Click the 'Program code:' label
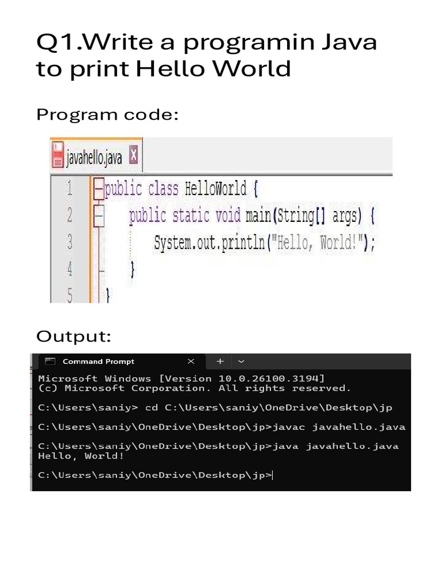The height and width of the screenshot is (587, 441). (107, 115)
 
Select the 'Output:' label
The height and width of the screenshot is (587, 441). (73, 336)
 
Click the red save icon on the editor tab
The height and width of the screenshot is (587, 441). (58, 156)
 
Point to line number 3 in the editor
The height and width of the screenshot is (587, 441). (69, 242)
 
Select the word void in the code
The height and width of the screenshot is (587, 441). (228, 216)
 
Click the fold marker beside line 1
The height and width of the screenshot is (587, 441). (98, 189)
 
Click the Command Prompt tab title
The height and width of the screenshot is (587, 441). (98, 362)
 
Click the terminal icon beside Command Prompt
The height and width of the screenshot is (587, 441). (51, 362)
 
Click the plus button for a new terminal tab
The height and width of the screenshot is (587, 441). (220, 362)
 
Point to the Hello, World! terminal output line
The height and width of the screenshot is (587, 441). (81, 456)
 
